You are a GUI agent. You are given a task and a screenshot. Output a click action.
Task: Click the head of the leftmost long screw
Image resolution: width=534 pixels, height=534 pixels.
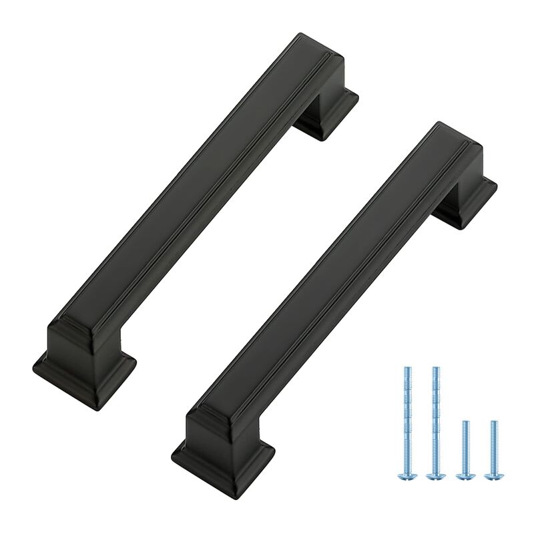(x=407, y=476)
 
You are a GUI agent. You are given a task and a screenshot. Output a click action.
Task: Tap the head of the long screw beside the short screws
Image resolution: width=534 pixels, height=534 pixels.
(x=435, y=476)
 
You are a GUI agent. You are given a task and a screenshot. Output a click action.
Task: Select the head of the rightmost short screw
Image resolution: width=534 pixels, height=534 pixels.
(x=493, y=476)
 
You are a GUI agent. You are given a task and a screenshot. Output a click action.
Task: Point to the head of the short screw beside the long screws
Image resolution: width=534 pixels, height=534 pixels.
(x=465, y=476)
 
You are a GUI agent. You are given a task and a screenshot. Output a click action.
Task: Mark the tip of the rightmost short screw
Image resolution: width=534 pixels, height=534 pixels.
(x=493, y=422)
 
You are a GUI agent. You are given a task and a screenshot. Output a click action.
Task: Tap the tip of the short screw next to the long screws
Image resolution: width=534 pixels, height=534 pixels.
(x=465, y=422)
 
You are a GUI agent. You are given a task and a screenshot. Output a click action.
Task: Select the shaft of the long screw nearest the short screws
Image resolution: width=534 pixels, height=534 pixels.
(x=435, y=421)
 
